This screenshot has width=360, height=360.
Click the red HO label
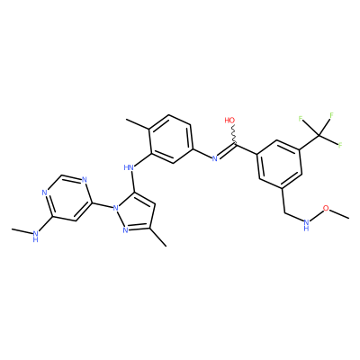pyautogui.click(x=229, y=121)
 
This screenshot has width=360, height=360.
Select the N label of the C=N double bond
pyautogui.click(x=214, y=158)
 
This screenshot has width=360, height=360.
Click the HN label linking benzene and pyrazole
pyautogui.click(x=129, y=166)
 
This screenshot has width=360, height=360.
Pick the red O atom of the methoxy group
pyautogui.click(x=327, y=209)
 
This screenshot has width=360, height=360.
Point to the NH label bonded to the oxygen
pyautogui.click(x=306, y=224)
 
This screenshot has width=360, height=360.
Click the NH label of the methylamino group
pyautogui.click(x=36, y=236)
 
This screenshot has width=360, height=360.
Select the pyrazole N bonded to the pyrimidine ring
pyautogui.click(x=114, y=207)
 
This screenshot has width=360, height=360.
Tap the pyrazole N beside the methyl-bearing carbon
pyautogui.click(x=125, y=230)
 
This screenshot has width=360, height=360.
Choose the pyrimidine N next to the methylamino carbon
pyautogui.click(x=44, y=193)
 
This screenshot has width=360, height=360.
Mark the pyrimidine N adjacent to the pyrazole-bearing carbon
pyautogui.click(x=85, y=180)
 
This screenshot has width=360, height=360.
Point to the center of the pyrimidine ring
pyautogui.click(x=67, y=199)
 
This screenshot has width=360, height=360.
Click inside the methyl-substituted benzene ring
pyautogui.click(x=170, y=139)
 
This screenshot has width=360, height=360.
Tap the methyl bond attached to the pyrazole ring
pyautogui.click(x=158, y=238)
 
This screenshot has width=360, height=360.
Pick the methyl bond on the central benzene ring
pyautogui.click(x=138, y=123)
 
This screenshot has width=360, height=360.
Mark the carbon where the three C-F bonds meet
pyautogui.click(x=319, y=136)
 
